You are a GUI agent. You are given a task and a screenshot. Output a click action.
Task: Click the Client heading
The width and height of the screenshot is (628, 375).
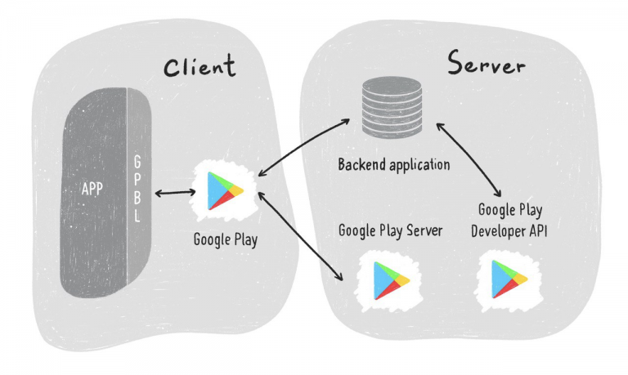click(x=199, y=67)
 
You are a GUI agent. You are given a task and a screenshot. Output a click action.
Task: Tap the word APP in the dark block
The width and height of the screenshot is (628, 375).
click(x=92, y=190)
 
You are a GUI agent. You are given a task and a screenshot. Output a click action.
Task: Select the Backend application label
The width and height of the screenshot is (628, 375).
click(x=394, y=165)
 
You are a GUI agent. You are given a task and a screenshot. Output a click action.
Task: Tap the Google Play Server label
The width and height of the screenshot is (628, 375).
click(x=391, y=231)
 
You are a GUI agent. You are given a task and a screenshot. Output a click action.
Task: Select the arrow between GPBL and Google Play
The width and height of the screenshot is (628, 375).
click(x=176, y=193)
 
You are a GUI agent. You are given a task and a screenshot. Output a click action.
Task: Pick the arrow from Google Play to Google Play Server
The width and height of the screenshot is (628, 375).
click(x=300, y=236)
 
